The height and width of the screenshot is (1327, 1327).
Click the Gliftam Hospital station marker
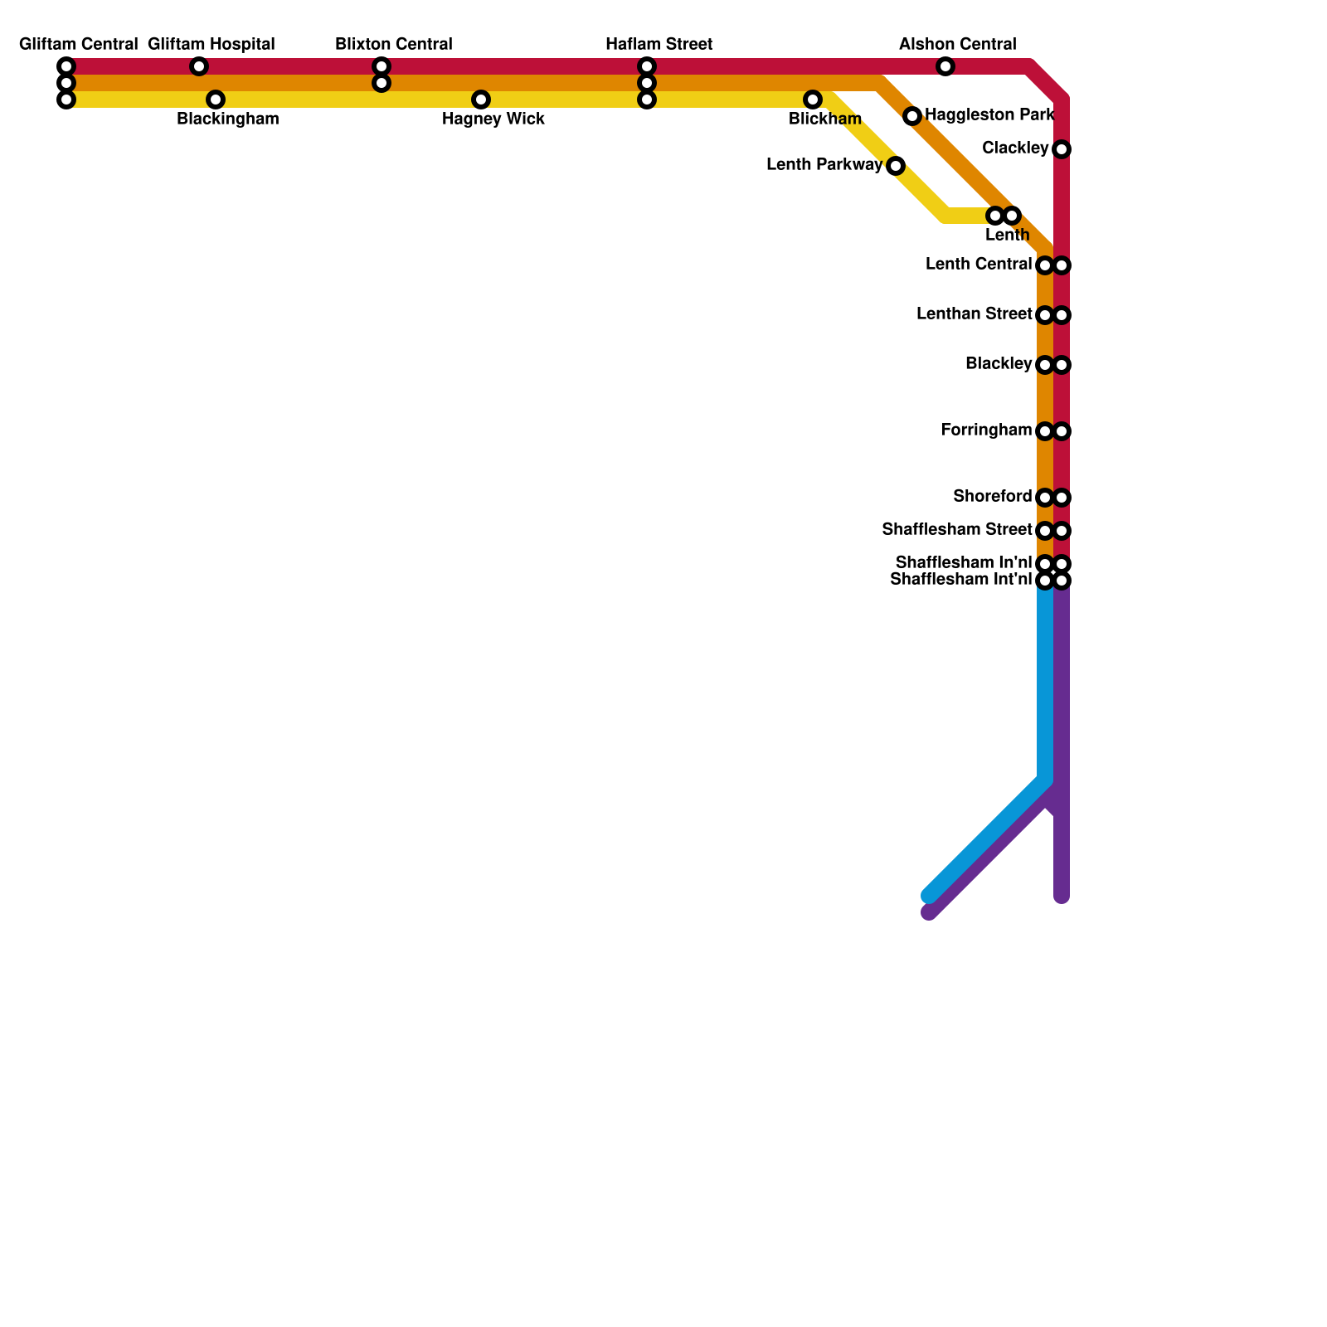pyautogui.click(x=199, y=66)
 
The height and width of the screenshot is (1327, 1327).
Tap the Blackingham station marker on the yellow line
pyautogui.click(x=216, y=100)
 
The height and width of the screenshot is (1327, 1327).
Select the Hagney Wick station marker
pyautogui.click(x=481, y=100)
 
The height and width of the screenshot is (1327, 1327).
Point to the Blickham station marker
pyautogui.click(x=813, y=100)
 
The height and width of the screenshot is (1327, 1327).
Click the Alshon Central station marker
pyautogui.click(x=945, y=66)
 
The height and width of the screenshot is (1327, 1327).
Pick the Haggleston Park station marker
pyautogui.click(x=912, y=116)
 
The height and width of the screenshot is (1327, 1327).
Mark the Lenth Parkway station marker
pyautogui.click(x=896, y=166)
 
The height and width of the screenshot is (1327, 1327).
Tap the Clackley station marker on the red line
pyautogui.click(x=1062, y=149)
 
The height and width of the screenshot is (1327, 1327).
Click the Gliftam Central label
pyautogui.click(x=78, y=44)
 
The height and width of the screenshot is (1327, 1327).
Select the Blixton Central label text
pyautogui.click(x=394, y=44)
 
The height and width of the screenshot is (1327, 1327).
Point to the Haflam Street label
pyautogui.click(x=659, y=44)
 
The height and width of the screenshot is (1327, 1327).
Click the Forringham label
pyautogui.click(x=986, y=430)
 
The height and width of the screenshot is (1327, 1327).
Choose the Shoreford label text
pyautogui.click(x=993, y=497)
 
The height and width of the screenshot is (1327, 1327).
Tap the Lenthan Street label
pyautogui.click(x=975, y=314)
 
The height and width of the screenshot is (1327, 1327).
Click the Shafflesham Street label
pyautogui.click(x=957, y=529)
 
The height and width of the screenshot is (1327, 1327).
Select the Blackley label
pyautogui.click(x=999, y=364)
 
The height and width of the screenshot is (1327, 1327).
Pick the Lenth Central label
pyautogui.click(x=979, y=265)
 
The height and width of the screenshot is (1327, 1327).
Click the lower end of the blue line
pyautogui.click(x=929, y=896)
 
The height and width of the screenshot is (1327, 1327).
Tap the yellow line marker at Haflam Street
pyautogui.click(x=647, y=100)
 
